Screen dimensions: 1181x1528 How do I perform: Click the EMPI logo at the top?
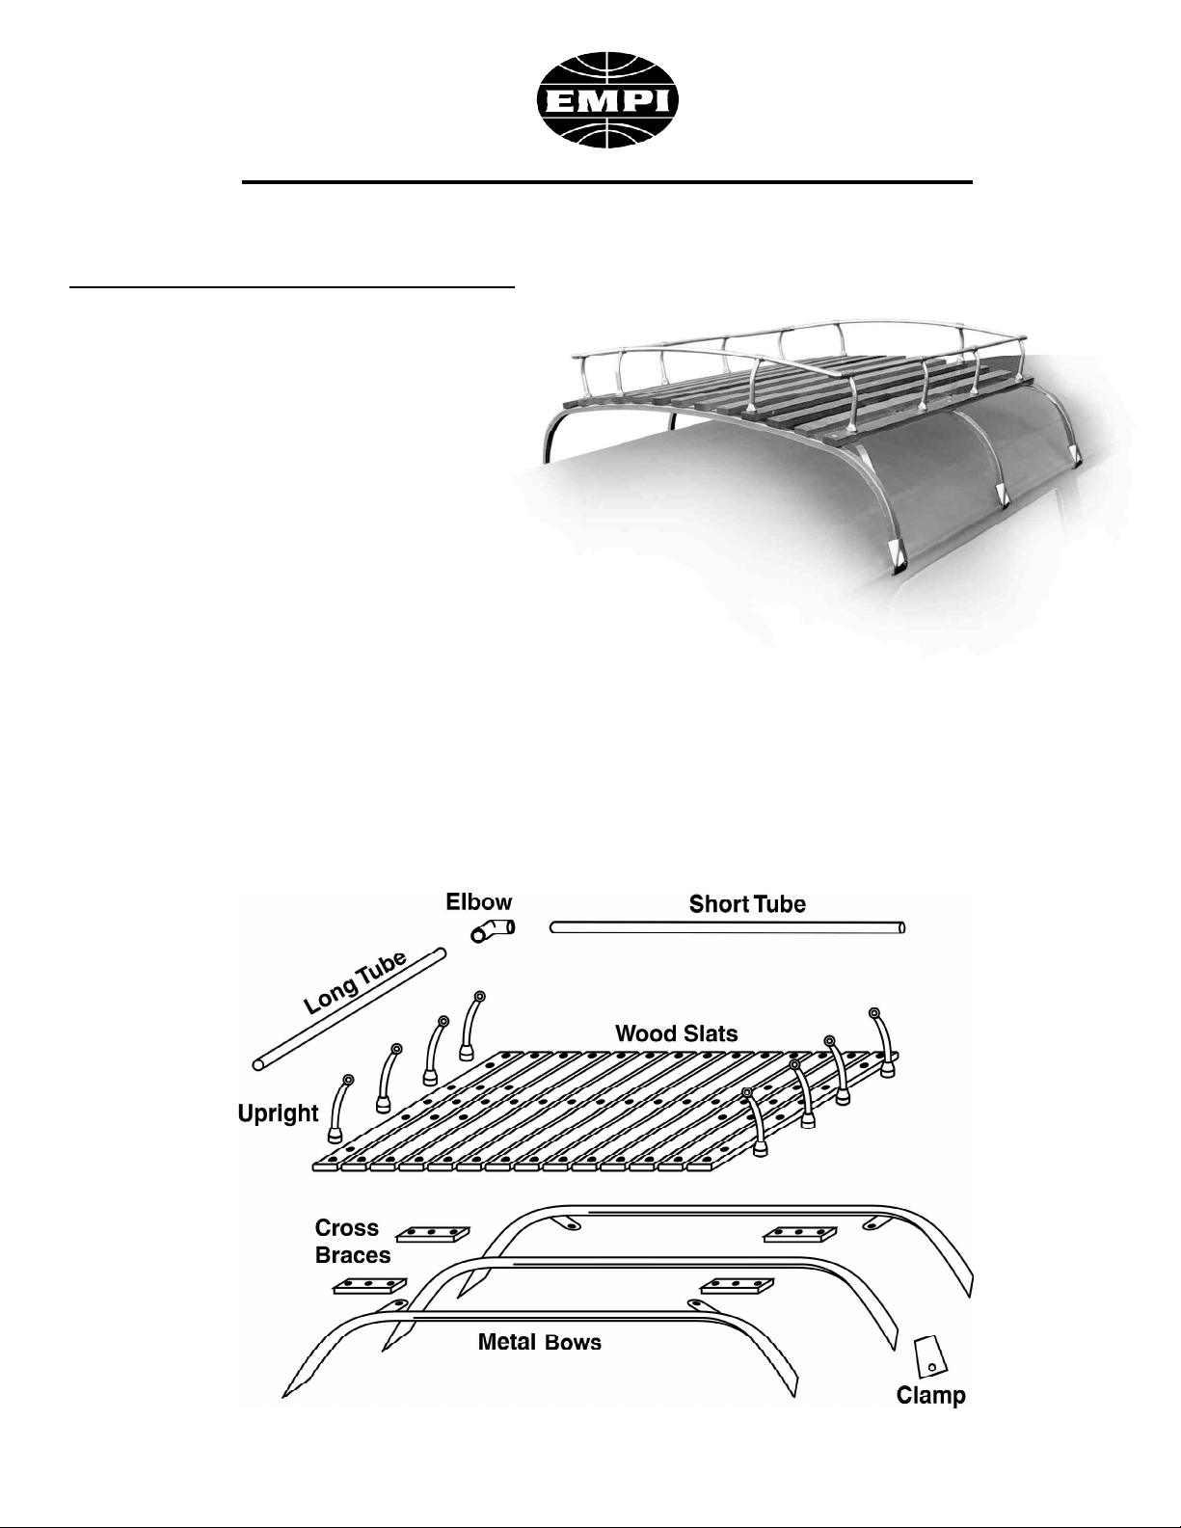(607, 100)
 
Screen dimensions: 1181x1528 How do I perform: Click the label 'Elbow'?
(479, 902)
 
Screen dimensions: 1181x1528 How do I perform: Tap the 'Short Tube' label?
(746, 903)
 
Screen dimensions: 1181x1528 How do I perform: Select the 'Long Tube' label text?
(355, 983)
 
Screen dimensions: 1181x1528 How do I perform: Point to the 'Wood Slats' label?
(676, 1032)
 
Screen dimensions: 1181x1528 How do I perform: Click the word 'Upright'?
(279, 1113)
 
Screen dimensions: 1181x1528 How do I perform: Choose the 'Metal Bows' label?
(539, 1342)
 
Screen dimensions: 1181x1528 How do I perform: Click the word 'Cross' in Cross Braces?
(346, 1228)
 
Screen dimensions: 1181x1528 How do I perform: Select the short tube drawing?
(727, 927)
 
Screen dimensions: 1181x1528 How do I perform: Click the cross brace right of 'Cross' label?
(433, 1235)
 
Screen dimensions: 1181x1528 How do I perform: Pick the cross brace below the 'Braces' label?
(370, 1286)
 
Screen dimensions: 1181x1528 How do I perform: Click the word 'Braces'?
(352, 1255)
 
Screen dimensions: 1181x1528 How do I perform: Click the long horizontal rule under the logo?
(606, 182)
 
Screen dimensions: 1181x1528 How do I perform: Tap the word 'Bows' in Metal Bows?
(573, 1342)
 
